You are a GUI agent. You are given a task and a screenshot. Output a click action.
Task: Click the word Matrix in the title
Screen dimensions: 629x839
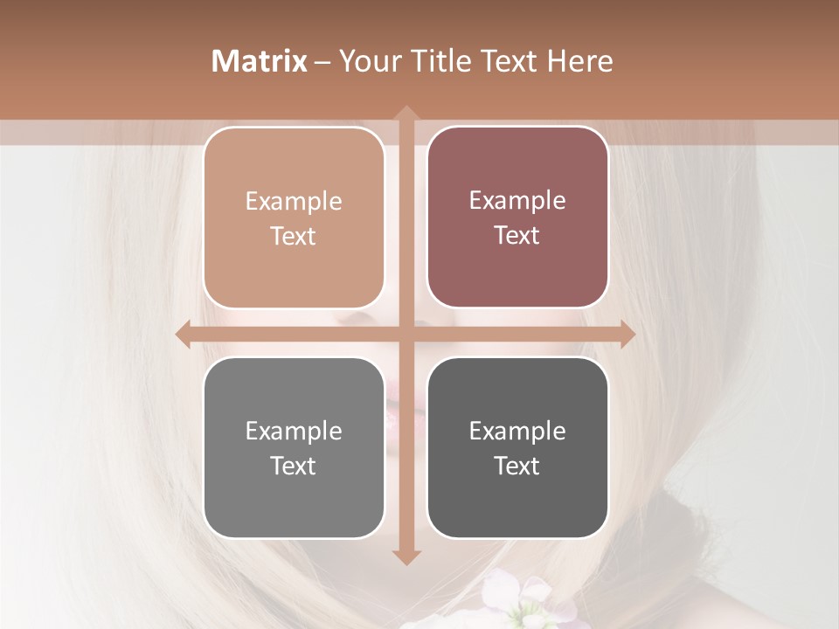pyautogui.click(x=260, y=61)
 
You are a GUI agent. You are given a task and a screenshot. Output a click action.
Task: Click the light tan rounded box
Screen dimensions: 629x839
pyautogui.click(x=294, y=218)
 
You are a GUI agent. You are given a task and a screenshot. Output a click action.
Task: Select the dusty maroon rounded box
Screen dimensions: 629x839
pyautogui.click(x=517, y=218)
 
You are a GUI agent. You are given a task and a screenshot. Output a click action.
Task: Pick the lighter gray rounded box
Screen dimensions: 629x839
pyautogui.click(x=294, y=447)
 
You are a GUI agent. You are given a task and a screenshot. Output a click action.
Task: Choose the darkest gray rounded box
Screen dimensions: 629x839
pyautogui.click(x=517, y=447)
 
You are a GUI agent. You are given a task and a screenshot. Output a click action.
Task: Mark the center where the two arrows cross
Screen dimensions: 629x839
pyautogui.click(x=406, y=334)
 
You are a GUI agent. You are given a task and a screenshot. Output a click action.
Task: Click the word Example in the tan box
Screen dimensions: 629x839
pyautogui.click(x=294, y=201)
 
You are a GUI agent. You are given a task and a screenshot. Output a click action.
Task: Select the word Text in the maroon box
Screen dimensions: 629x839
pyautogui.click(x=517, y=235)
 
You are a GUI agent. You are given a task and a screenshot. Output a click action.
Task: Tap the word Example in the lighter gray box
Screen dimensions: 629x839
pyautogui.click(x=294, y=431)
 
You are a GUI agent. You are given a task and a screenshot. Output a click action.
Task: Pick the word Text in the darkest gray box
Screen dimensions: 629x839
pyautogui.click(x=517, y=466)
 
